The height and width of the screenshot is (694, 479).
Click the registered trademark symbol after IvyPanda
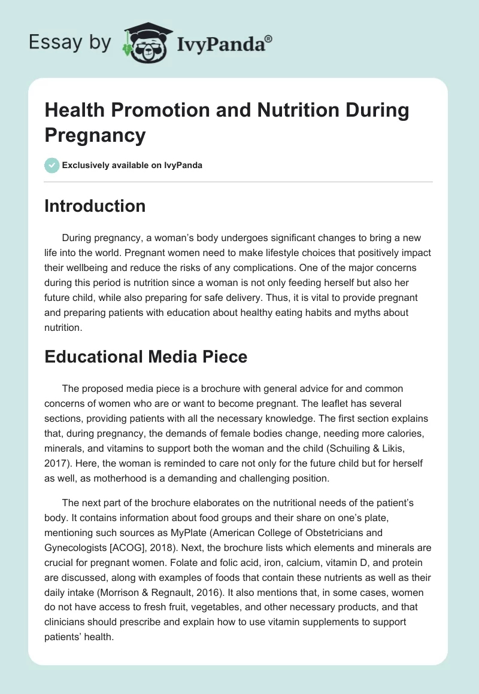click(x=269, y=39)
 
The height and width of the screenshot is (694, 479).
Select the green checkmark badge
click(x=52, y=165)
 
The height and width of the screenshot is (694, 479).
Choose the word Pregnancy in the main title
click(x=95, y=135)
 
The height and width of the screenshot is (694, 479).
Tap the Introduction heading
click(x=95, y=206)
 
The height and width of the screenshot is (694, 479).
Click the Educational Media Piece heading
click(x=146, y=357)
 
